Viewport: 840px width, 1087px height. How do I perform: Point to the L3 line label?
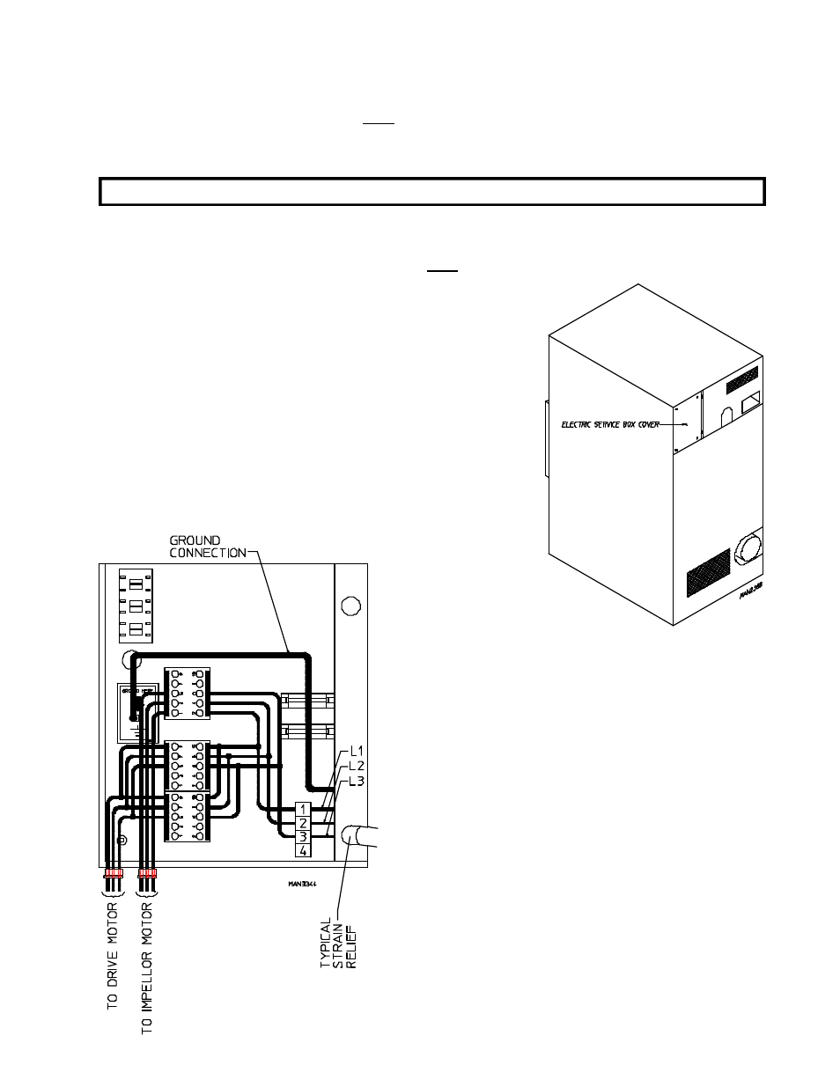(x=350, y=781)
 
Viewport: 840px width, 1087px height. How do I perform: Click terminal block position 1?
(x=303, y=808)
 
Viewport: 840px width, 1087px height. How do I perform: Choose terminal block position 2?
(x=303, y=822)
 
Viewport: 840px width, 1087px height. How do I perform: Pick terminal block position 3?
(x=303, y=836)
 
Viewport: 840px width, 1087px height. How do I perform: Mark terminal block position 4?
(x=303, y=850)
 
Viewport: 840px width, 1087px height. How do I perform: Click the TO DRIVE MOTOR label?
(x=114, y=956)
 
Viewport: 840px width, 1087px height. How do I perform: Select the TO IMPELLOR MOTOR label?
(x=147, y=966)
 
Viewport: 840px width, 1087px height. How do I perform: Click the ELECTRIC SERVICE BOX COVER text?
(x=610, y=424)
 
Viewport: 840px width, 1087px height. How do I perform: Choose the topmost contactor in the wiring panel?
(x=188, y=691)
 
